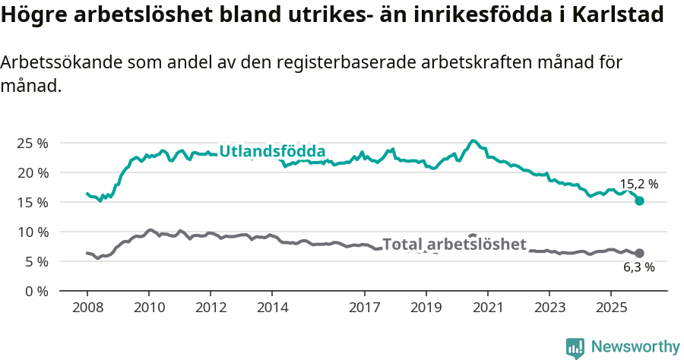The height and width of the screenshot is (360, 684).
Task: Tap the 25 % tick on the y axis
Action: [33, 143]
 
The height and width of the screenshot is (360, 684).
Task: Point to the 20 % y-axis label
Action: [33, 172]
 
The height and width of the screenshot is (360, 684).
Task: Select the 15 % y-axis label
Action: [33, 202]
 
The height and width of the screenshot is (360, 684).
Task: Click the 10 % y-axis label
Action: [33, 232]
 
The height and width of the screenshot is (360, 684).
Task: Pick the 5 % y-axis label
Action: [36, 261]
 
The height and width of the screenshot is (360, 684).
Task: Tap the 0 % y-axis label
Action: [36, 291]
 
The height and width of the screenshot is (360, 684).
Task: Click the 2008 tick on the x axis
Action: [87, 308]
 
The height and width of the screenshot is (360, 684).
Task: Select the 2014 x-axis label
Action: [272, 308]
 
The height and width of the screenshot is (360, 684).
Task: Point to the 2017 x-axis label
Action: [364, 308]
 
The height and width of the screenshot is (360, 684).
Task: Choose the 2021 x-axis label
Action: [487, 308]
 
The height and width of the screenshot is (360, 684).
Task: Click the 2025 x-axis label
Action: [610, 308]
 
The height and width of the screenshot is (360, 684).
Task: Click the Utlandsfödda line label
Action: [272, 151]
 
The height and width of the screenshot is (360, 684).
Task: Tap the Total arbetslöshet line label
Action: [454, 244]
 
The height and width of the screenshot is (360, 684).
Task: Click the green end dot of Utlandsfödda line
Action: [639, 201]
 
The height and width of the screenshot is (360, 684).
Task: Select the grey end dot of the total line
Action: [639, 253]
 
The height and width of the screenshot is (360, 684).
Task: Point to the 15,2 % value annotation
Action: [638, 184]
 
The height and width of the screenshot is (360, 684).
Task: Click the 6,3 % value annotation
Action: [638, 267]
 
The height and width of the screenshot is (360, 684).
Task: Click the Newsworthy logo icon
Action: [575, 348]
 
